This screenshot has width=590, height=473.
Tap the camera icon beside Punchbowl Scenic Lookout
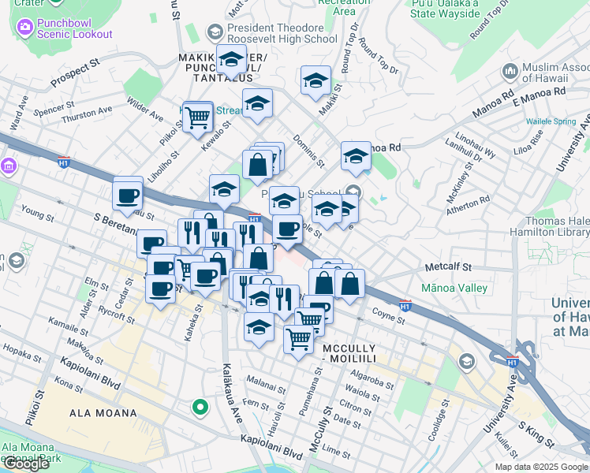pyautogui.click(x=24, y=28)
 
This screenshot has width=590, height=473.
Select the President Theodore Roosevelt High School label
pyautogui.click(x=282, y=33)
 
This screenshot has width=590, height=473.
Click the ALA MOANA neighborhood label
pyautogui.click(x=103, y=412)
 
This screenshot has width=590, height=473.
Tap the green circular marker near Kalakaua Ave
pyautogui.click(x=200, y=408)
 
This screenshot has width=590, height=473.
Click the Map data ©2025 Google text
pyautogui.click(x=541, y=467)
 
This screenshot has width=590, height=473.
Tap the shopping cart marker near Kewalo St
pyautogui.click(x=197, y=119)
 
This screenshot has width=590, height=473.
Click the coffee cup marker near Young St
pyautogui.click(x=127, y=195)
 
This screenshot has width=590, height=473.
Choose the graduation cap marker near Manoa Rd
pyautogui.click(x=357, y=157)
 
